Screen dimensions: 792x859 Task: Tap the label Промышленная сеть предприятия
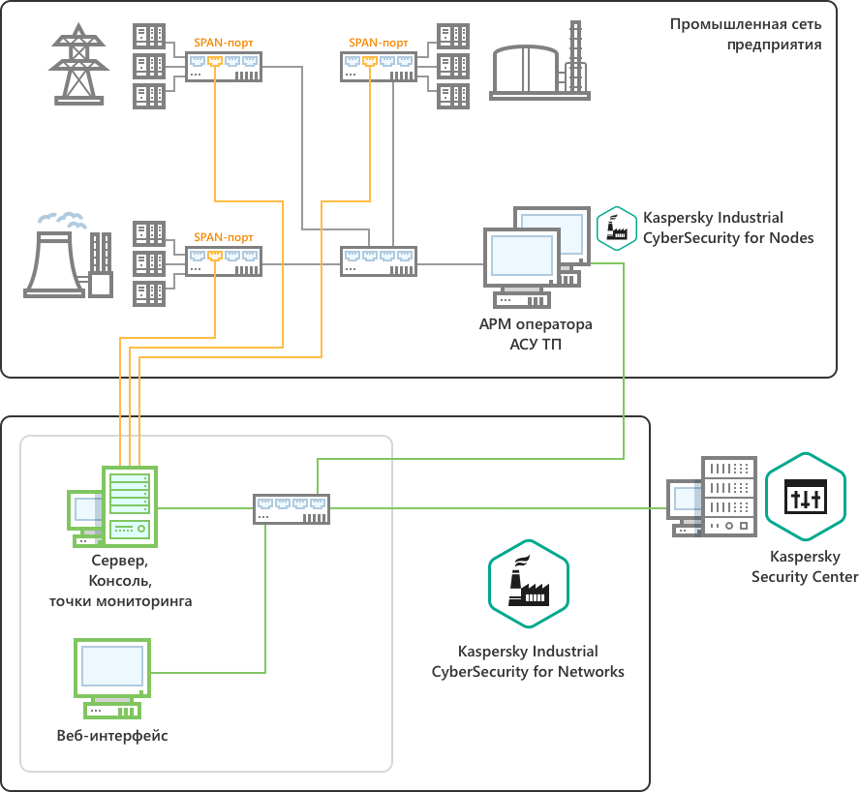pyautogui.click(x=746, y=33)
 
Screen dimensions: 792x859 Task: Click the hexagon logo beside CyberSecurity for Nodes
pyautogui.click(x=616, y=228)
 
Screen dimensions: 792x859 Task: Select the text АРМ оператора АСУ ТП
pyautogui.click(x=535, y=333)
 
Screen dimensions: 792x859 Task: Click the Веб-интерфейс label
pyautogui.click(x=112, y=736)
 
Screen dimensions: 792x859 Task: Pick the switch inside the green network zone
pyautogui.click(x=292, y=508)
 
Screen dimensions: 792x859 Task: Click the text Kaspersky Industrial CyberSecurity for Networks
pyautogui.click(x=528, y=661)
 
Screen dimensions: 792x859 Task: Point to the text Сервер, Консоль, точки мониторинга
pyautogui.click(x=121, y=581)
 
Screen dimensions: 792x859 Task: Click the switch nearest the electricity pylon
pyautogui.click(x=224, y=66)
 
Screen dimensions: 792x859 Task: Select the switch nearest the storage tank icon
pyautogui.click(x=381, y=66)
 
